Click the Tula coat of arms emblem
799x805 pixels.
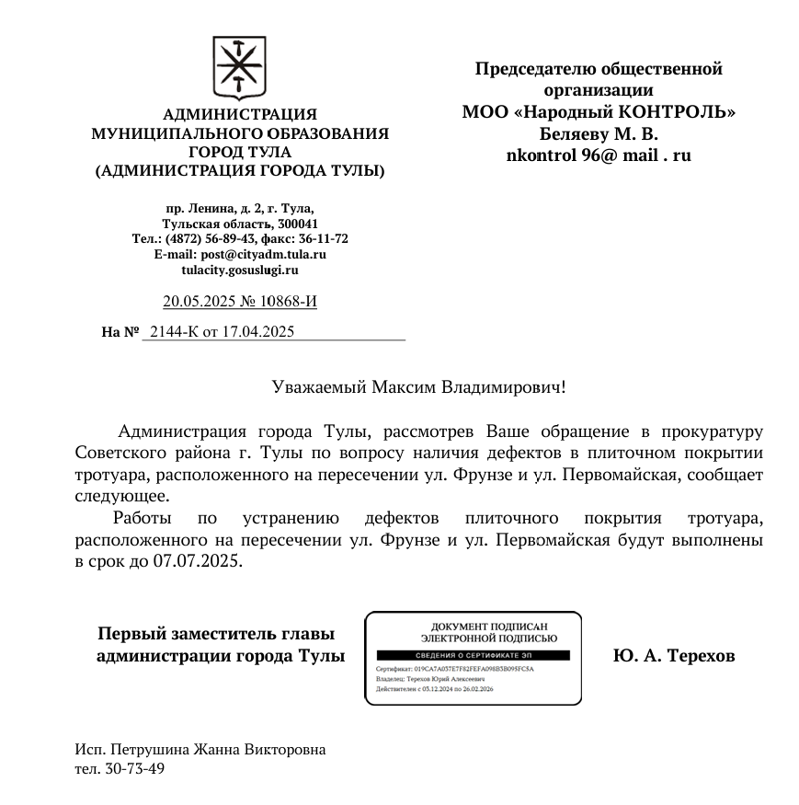coord(239,69)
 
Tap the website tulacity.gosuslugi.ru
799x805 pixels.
coord(240,270)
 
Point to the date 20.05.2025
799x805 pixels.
coord(196,301)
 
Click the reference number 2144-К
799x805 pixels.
coord(174,331)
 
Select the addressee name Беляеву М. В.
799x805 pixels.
coord(599,133)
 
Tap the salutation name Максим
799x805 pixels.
coord(405,386)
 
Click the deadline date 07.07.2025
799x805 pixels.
coord(198,560)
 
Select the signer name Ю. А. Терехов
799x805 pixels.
coord(674,656)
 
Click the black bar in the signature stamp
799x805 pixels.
coord(474,654)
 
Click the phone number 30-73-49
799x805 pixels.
coord(133,768)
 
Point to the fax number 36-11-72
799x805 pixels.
coord(317,238)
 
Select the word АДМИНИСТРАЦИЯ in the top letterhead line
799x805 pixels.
coord(240,115)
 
